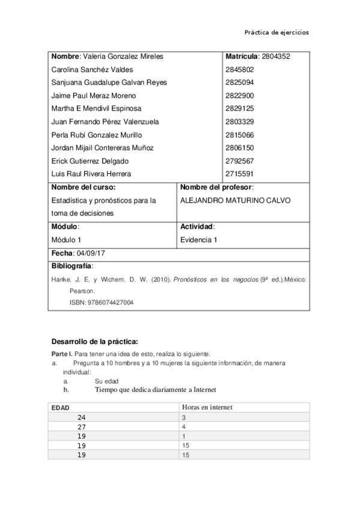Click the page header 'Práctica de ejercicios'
[x=276, y=32]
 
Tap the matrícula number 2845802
[x=239, y=69]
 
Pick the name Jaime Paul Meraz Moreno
[x=94, y=96]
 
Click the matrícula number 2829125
[x=239, y=109]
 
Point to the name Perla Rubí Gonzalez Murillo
[x=97, y=135]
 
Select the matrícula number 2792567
[x=239, y=161]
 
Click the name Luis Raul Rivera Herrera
[x=91, y=174]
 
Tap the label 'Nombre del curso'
[x=79, y=188]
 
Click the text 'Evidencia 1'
[x=198, y=240]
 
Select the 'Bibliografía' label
[x=72, y=266]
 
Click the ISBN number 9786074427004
[x=110, y=303]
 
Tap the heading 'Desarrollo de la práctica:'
[x=94, y=342]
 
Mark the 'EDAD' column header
[x=60, y=408]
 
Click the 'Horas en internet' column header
[x=206, y=407]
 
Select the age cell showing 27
[x=82, y=427]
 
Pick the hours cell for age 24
[x=183, y=417]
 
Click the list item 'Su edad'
[x=106, y=381]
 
